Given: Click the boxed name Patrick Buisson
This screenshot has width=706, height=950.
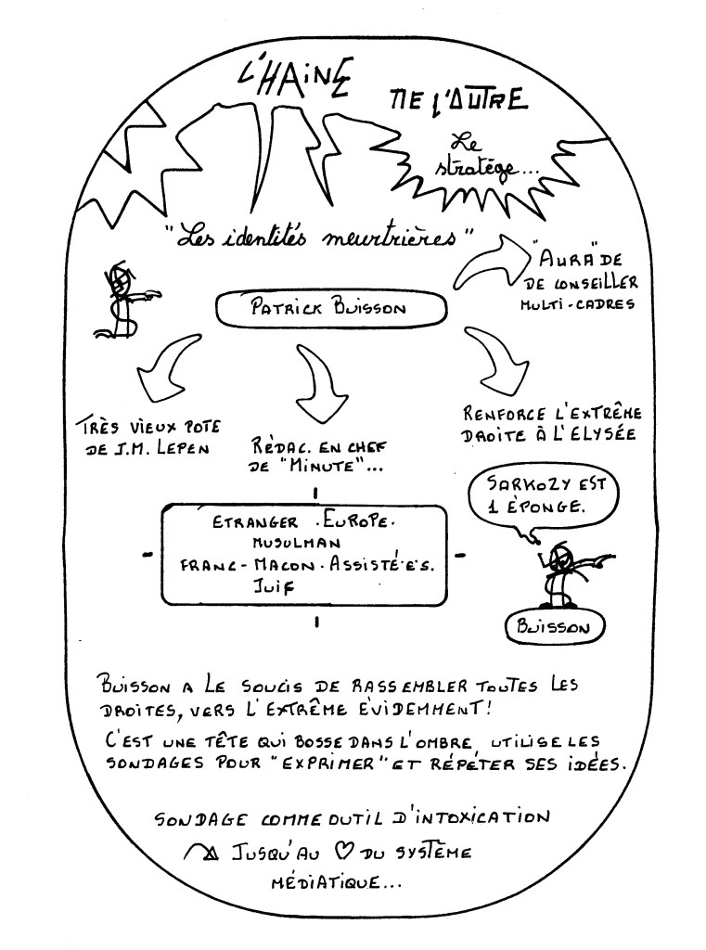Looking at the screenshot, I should [x=314, y=309].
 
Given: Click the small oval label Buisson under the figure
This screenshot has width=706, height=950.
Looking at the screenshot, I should [x=554, y=627].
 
